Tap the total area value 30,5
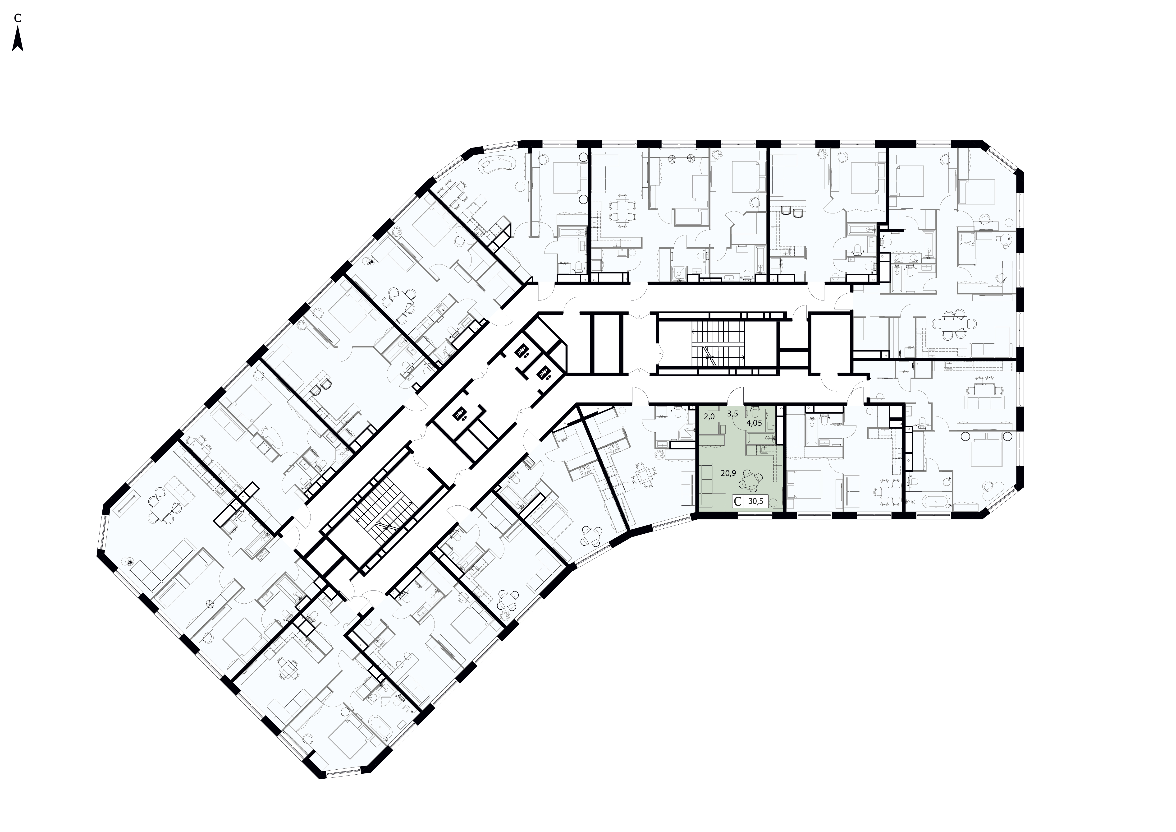pyautogui.click(x=755, y=502)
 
